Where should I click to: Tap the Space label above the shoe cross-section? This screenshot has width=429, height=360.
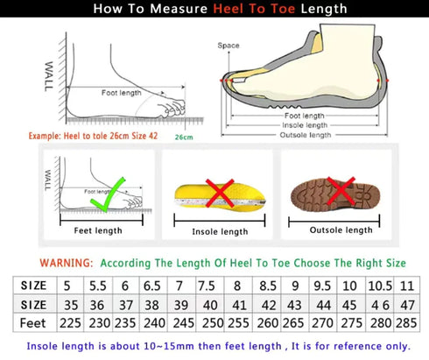(229, 45)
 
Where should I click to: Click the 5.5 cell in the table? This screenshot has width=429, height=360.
(96, 286)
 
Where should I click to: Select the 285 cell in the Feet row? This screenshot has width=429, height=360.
(406, 323)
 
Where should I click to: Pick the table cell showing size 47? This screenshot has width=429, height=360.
(406, 304)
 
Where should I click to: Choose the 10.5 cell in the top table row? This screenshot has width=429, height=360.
(380, 286)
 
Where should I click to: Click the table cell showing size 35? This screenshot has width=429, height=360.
(67, 304)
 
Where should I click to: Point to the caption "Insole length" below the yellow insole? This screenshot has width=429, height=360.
(220, 231)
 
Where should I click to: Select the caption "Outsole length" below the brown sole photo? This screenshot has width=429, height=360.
(341, 229)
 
